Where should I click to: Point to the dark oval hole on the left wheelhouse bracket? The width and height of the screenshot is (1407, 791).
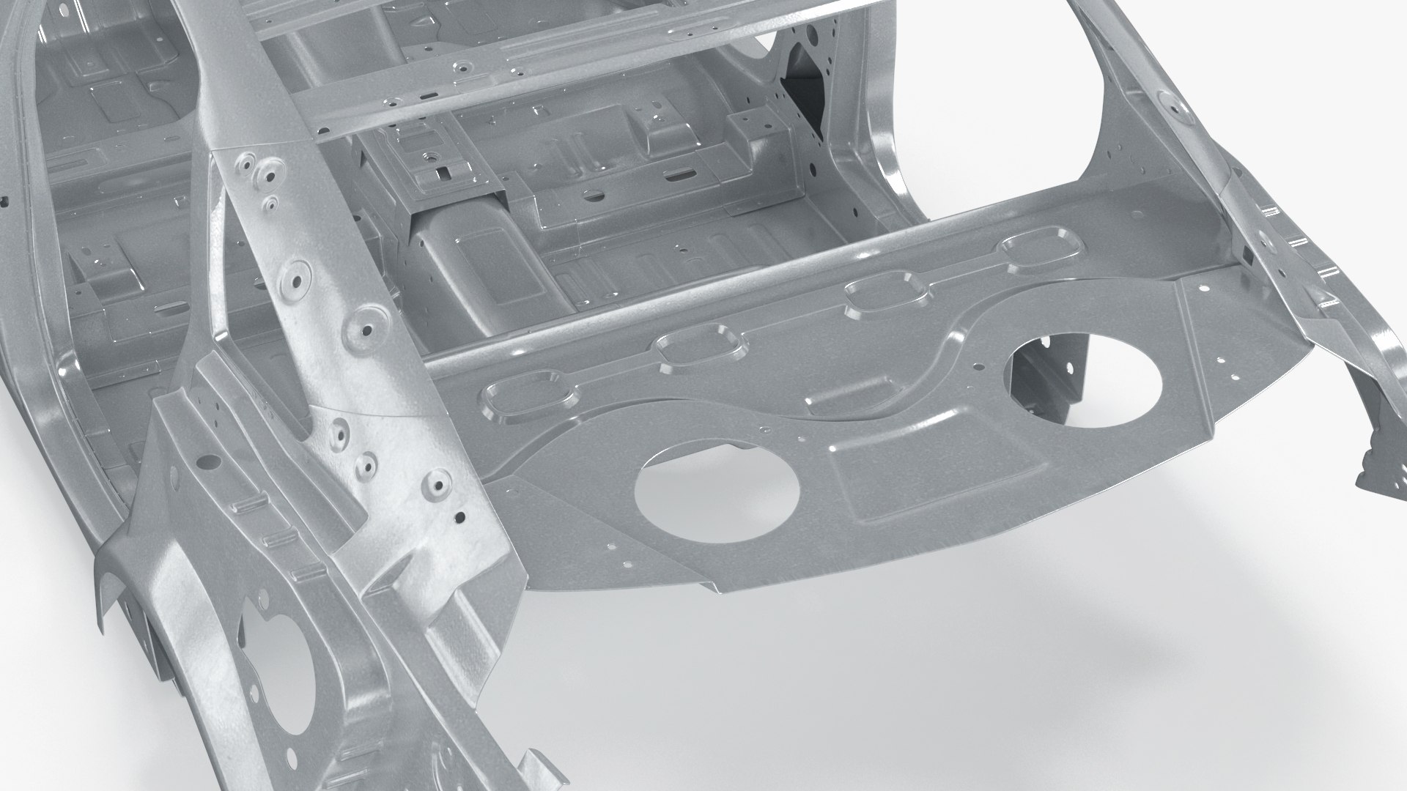[x=208, y=461]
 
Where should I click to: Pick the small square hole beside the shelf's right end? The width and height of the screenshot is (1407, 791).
[x=1245, y=256]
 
